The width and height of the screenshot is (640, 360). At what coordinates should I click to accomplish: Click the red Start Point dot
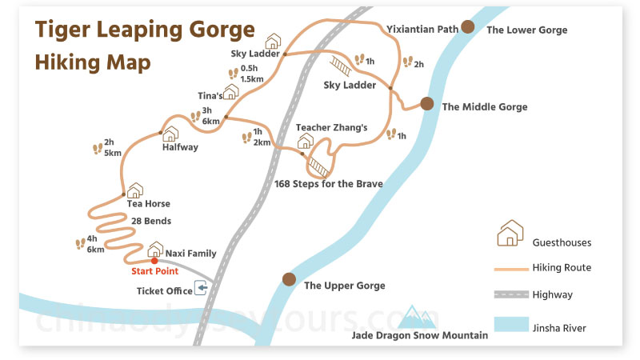[154, 260]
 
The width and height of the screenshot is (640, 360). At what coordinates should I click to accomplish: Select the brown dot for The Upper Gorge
[289, 278]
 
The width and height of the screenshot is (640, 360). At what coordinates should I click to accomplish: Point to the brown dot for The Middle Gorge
[427, 103]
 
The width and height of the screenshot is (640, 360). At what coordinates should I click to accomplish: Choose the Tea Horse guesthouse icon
[134, 190]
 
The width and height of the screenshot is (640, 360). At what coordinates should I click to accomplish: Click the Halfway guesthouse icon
[170, 134]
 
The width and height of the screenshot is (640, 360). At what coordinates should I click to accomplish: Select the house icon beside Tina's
[231, 92]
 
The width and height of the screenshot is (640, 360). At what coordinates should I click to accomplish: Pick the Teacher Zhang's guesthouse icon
[305, 142]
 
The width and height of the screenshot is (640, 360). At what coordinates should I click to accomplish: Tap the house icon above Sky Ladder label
[273, 41]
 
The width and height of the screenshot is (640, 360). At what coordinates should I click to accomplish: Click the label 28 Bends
[150, 220]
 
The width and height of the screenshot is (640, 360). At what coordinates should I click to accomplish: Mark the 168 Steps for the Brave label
[328, 184]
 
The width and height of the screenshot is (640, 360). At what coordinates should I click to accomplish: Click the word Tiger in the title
[61, 30]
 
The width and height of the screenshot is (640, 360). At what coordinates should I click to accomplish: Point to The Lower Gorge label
[526, 30]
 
